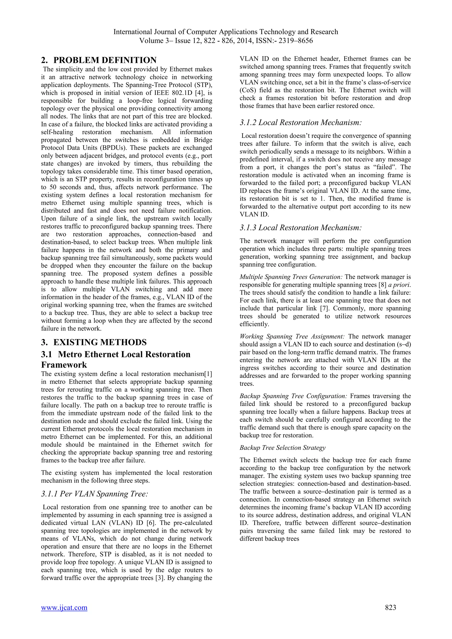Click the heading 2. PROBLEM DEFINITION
99,60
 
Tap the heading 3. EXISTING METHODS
94,342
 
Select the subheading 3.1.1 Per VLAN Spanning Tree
95,494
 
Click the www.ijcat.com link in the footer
64,615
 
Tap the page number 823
390,615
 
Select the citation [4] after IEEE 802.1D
200,93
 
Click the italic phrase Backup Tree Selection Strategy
282,448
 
